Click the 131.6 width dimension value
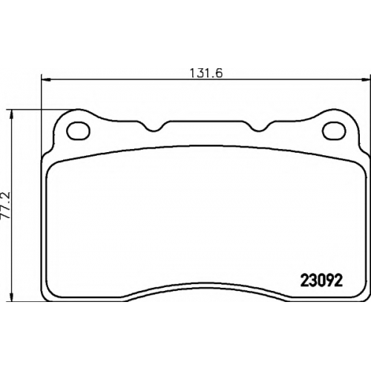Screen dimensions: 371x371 pos(206,73)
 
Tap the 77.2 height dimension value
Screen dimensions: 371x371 pos(6,205)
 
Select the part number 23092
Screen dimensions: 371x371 pos(321,281)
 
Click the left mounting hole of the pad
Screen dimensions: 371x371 pos(79,131)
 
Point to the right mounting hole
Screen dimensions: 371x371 pos(334,131)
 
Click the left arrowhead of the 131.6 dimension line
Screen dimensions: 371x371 pos(45,79)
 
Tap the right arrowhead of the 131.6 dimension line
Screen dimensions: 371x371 pos(367,79)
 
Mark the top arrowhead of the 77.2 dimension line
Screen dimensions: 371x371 pos(10,114)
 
